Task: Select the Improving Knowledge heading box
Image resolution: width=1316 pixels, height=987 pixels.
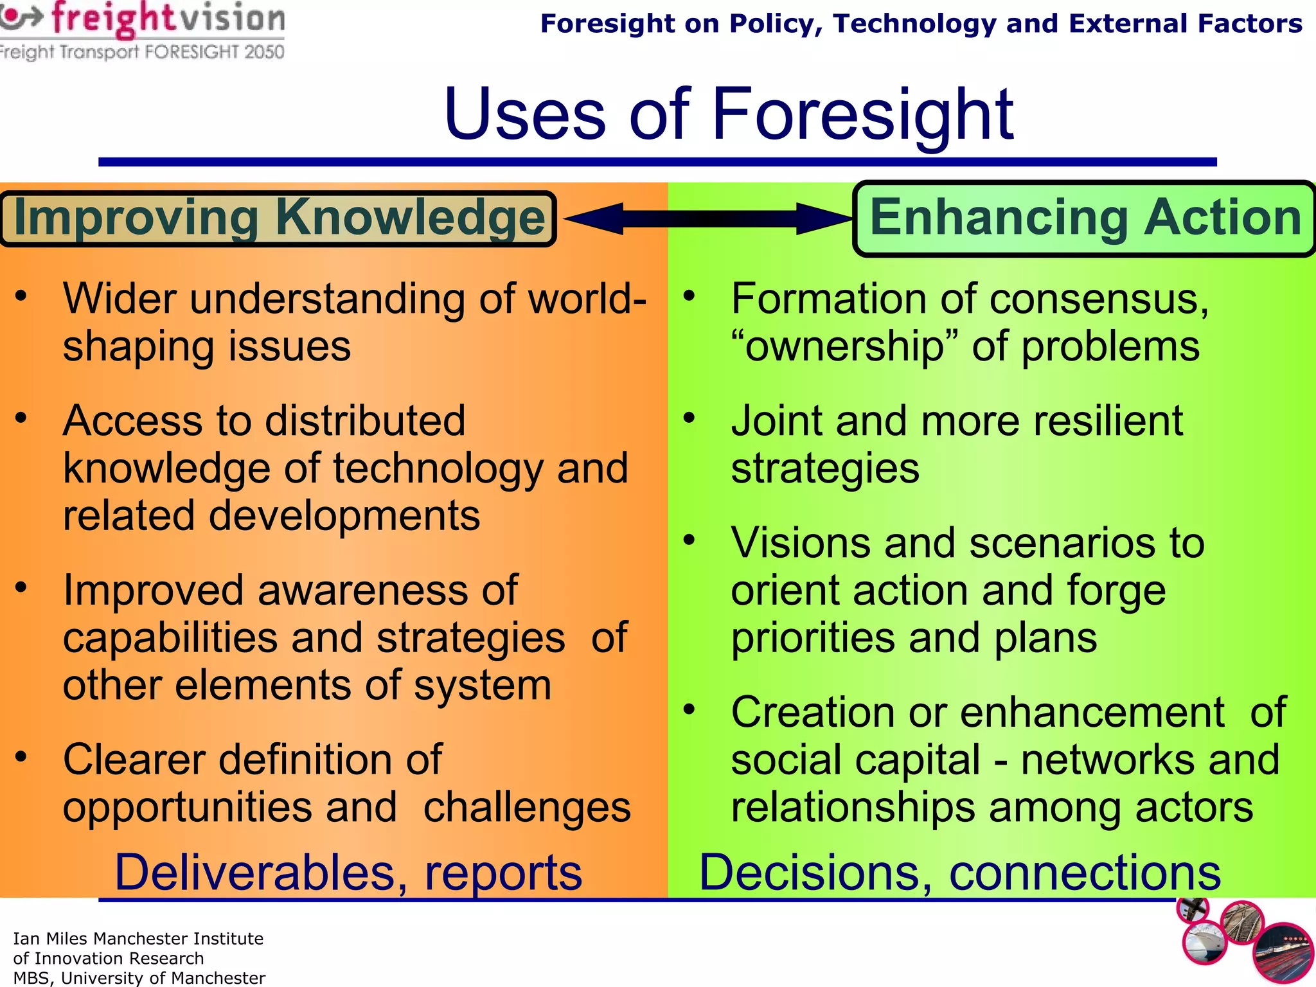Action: (278, 218)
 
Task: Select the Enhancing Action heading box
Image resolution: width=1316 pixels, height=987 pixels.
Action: (1085, 218)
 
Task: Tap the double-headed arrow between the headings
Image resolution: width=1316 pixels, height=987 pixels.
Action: (707, 218)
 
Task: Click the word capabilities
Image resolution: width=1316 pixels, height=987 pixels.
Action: (170, 638)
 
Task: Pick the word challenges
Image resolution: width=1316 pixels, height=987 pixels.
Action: (527, 808)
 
